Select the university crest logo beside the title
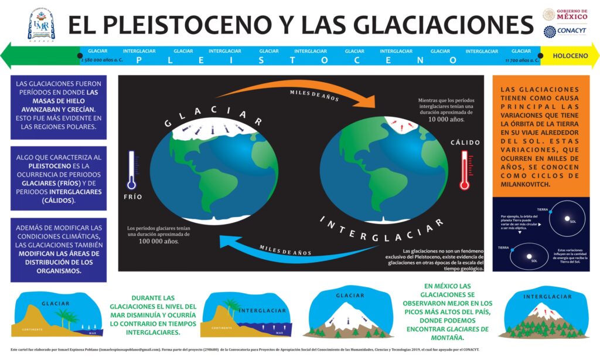(40, 24)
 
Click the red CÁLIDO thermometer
(465, 170)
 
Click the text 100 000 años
(159, 241)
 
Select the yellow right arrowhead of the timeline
(594, 56)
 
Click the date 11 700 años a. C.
(521, 60)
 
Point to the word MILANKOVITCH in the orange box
(521, 184)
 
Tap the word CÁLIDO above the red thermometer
(465, 142)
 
